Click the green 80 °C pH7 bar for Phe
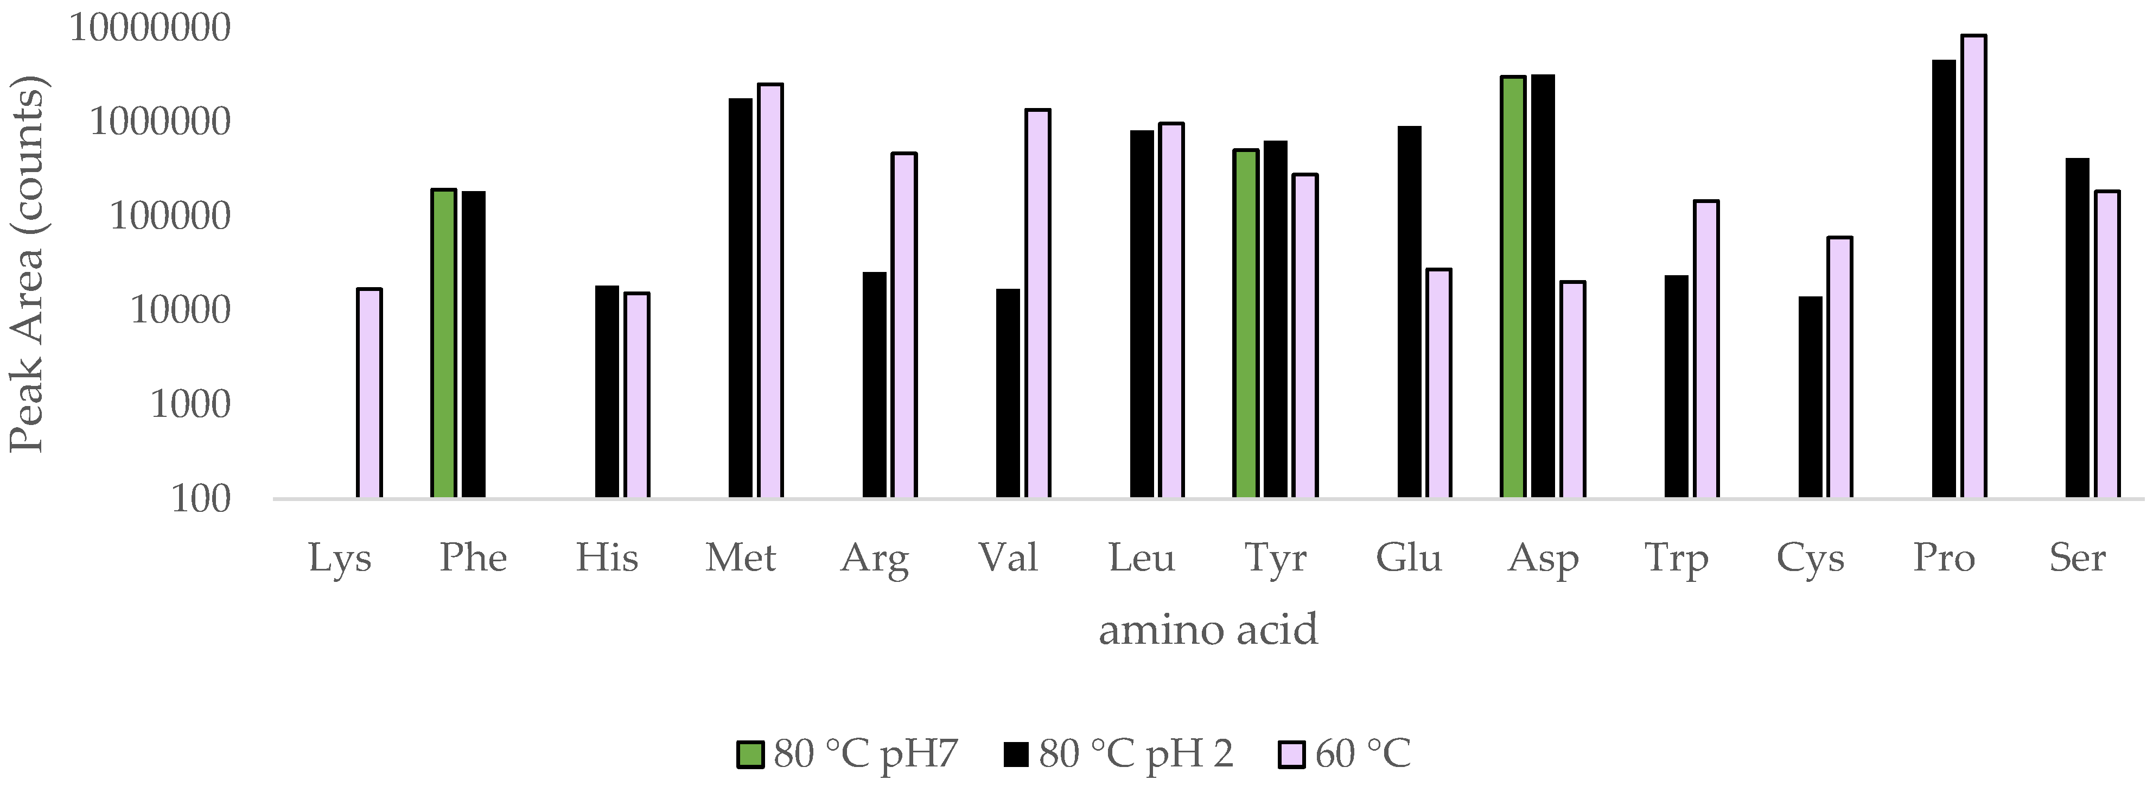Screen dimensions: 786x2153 [444, 344]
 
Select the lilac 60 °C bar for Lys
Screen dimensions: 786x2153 [370, 393]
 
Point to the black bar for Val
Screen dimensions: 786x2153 [1008, 393]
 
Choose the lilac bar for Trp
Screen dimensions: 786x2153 [1706, 350]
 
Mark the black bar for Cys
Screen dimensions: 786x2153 [1810, 397]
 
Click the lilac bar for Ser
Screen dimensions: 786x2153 [2107, 345]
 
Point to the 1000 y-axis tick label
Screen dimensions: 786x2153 [190, 405]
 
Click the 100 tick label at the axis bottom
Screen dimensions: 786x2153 [201, 499]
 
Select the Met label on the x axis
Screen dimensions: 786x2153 [741, 557]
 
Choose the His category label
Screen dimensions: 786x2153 [607, 557]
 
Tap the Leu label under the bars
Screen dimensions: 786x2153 [1142, 557]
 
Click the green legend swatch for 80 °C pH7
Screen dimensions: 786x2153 [750, 754]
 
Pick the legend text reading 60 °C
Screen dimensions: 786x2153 [1363, 754]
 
